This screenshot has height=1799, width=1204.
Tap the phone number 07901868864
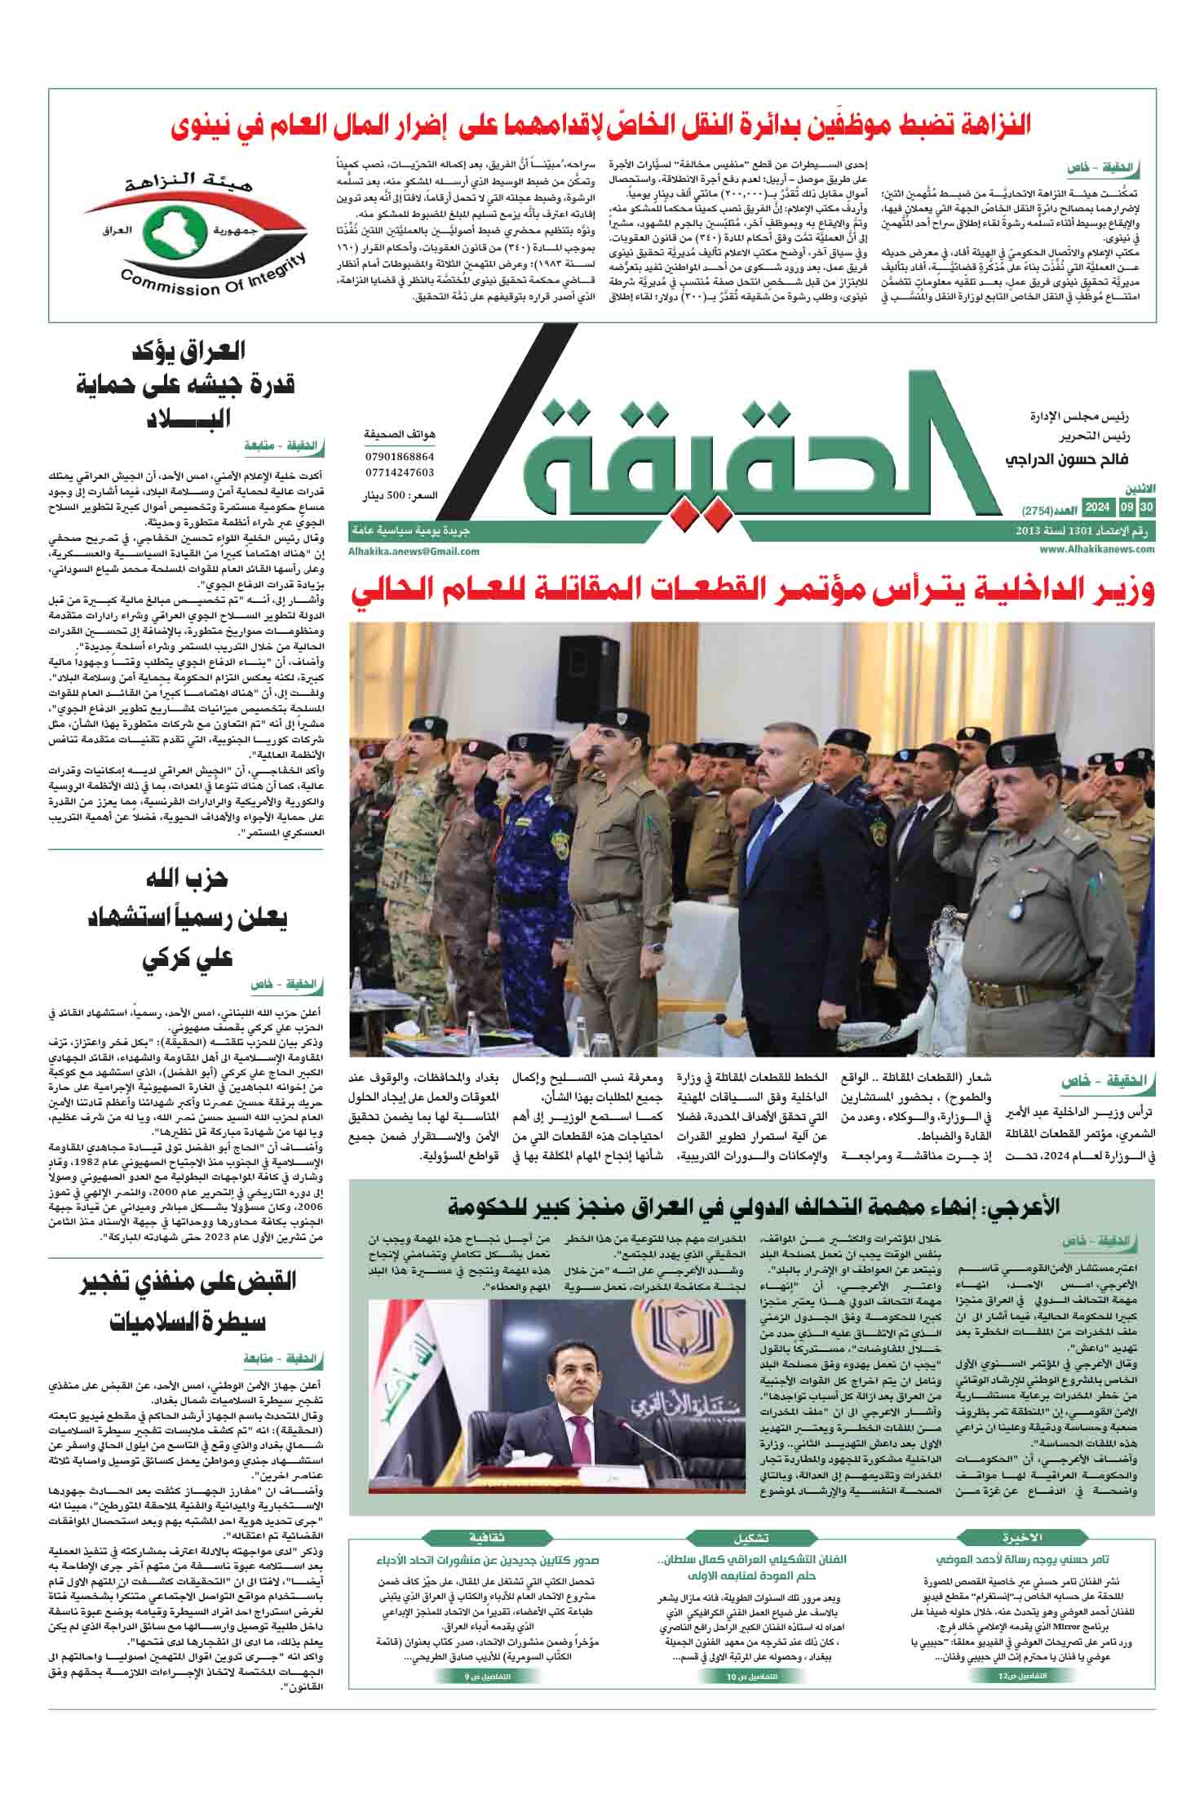(399, 457)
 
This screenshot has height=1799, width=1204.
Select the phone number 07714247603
(399, 472)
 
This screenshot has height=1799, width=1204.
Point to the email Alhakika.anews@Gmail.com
(414, 551)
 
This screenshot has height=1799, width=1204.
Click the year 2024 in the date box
(1096, 509)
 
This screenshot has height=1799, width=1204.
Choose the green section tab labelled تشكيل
(752, 1538)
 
